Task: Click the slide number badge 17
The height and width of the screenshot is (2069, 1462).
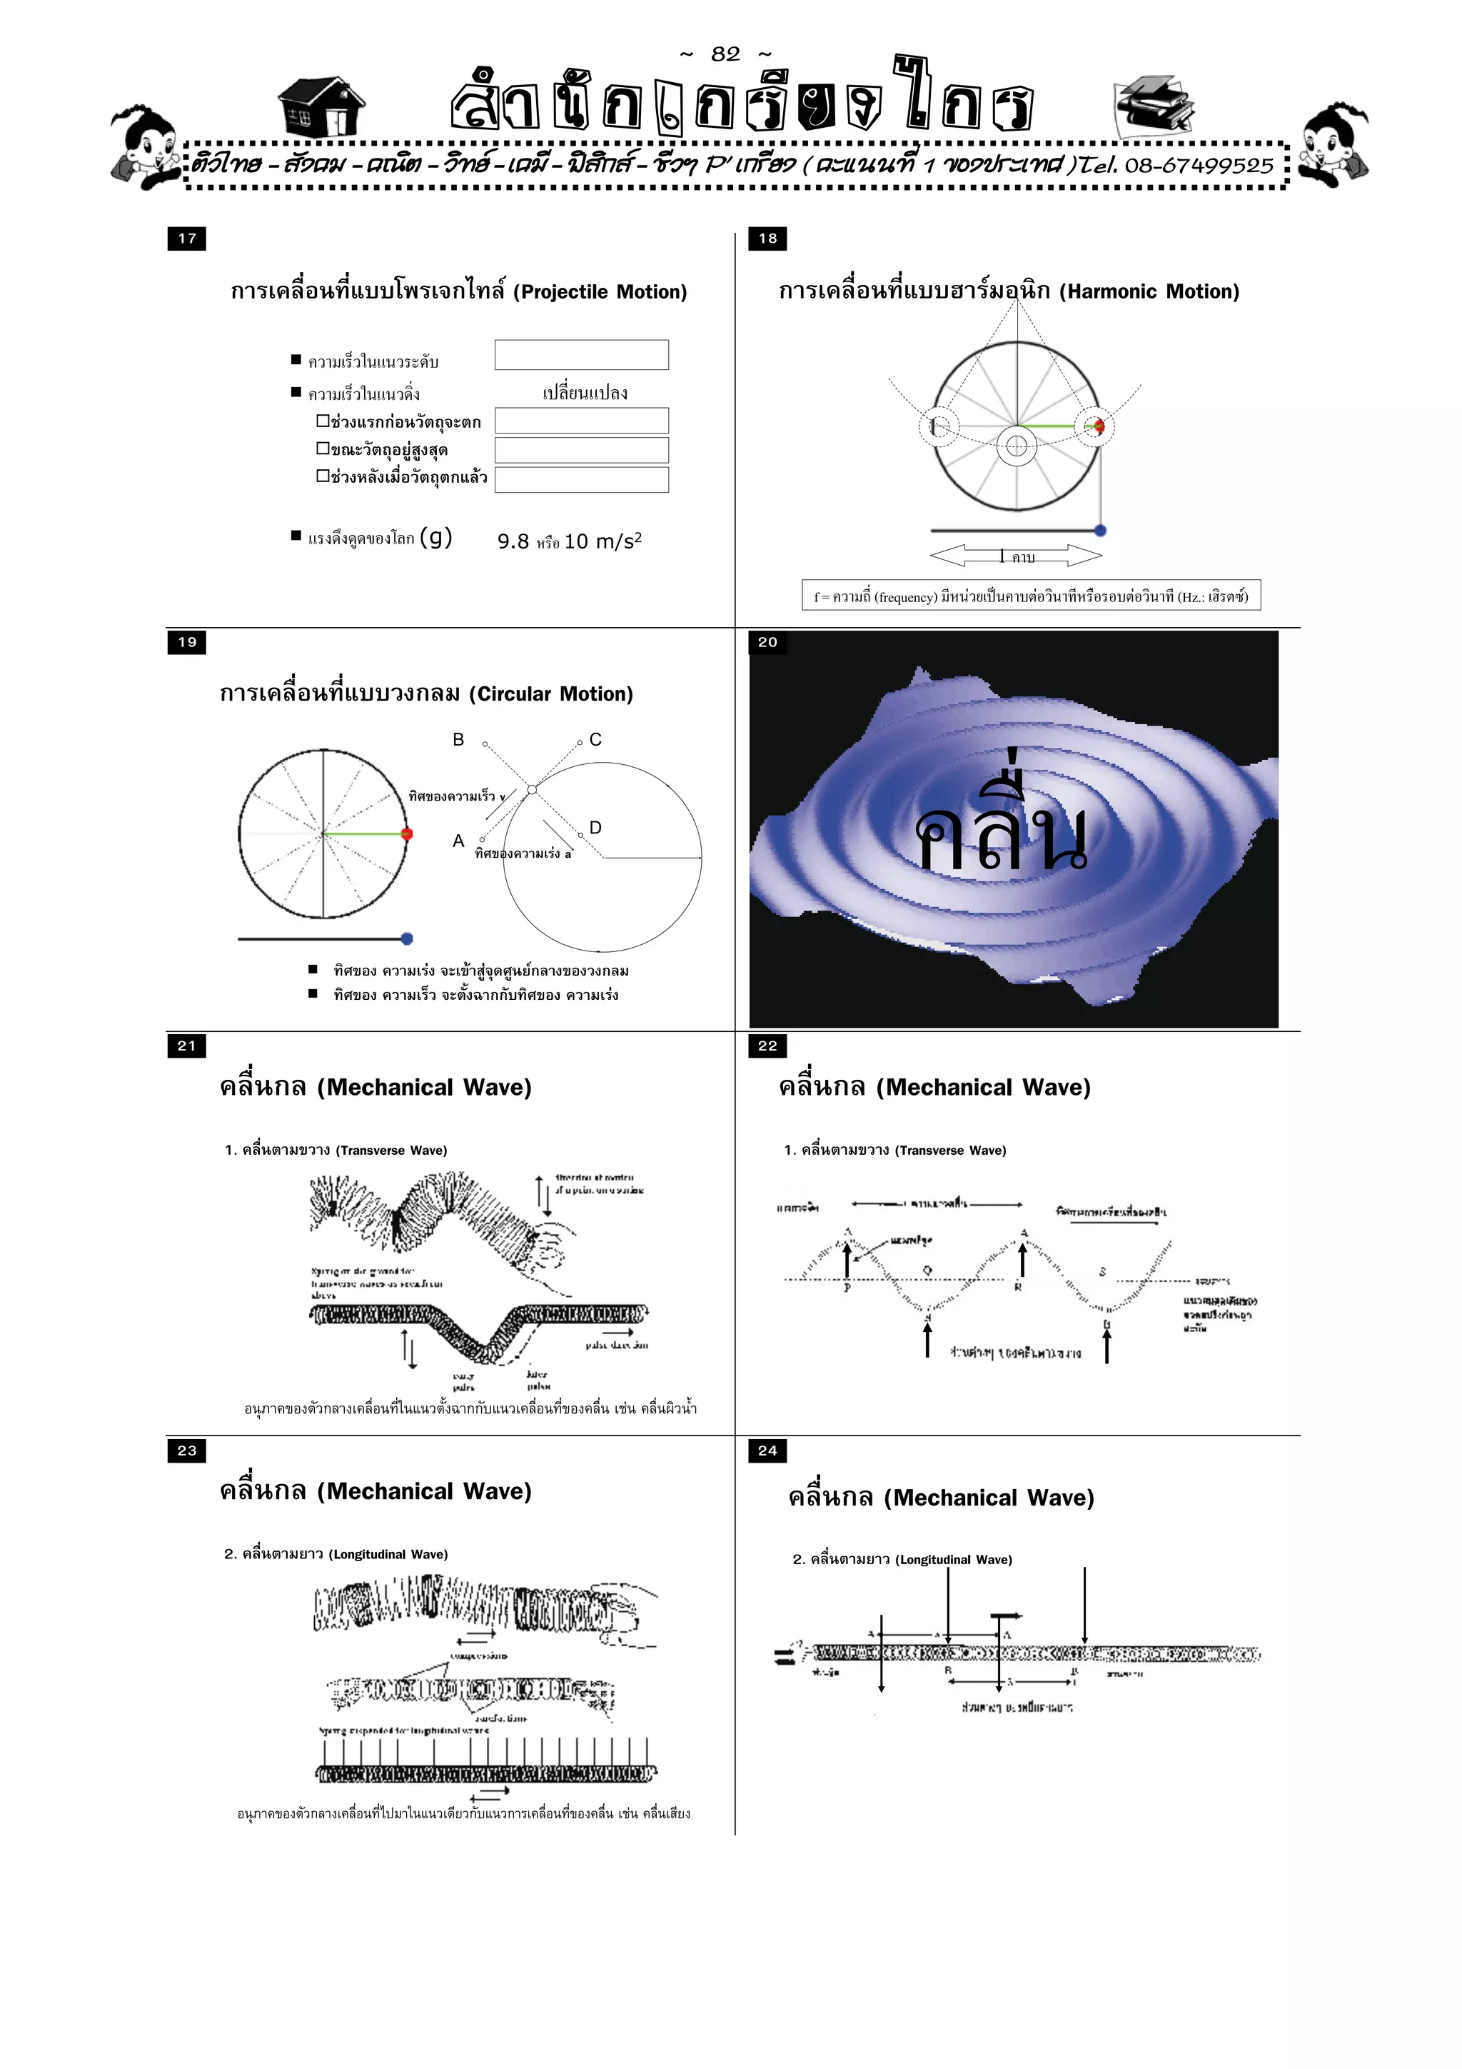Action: click(x=186, y=239)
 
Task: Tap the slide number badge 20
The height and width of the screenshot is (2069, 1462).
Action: click(x=767, y=643)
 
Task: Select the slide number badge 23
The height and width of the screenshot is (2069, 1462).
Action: click(x=186, y=1451)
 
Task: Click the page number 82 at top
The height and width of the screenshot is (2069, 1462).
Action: click(x=725, y=54)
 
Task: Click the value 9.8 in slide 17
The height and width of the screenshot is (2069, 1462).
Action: click(x=513, y=541)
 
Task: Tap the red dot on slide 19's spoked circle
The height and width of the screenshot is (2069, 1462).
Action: click(x=406, y=834)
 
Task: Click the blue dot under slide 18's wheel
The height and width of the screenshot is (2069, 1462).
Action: click(x=1100, y=531)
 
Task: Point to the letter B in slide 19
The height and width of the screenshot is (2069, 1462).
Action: click(x=458, y=740)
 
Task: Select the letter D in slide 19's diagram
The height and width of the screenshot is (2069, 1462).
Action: click(x=595, y=827)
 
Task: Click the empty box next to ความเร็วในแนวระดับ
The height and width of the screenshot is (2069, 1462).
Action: click(x=581, y=355)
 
